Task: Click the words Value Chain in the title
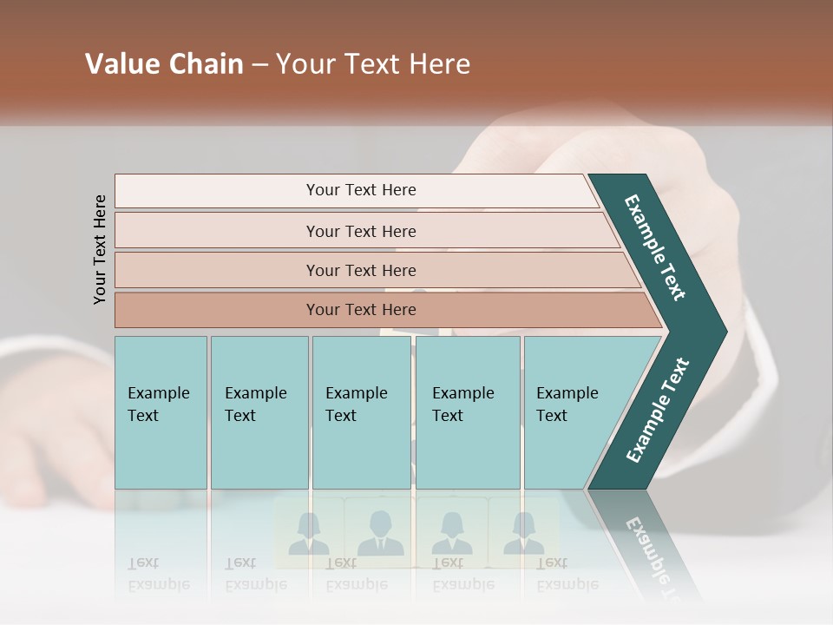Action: [x=164, y=64]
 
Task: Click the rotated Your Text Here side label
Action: [x=100, y=249]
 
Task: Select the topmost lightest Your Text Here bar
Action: [x=361, y=190]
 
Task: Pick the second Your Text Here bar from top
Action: [x=361, y=231]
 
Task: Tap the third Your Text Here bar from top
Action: [x=361, y=270]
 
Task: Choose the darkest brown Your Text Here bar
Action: [x=361, y=310]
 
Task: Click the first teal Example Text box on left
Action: [x=161, y=412]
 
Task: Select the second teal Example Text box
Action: [x=259, y=412]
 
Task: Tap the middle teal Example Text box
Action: [x=361, y=412]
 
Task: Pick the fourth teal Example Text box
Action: [x=468, y=412]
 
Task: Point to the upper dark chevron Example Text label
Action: [x=655, y=247]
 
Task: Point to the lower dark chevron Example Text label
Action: [x=657, y=411]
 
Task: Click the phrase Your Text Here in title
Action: [x=373, y=64]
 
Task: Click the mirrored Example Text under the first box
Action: [x=159, y=575]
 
